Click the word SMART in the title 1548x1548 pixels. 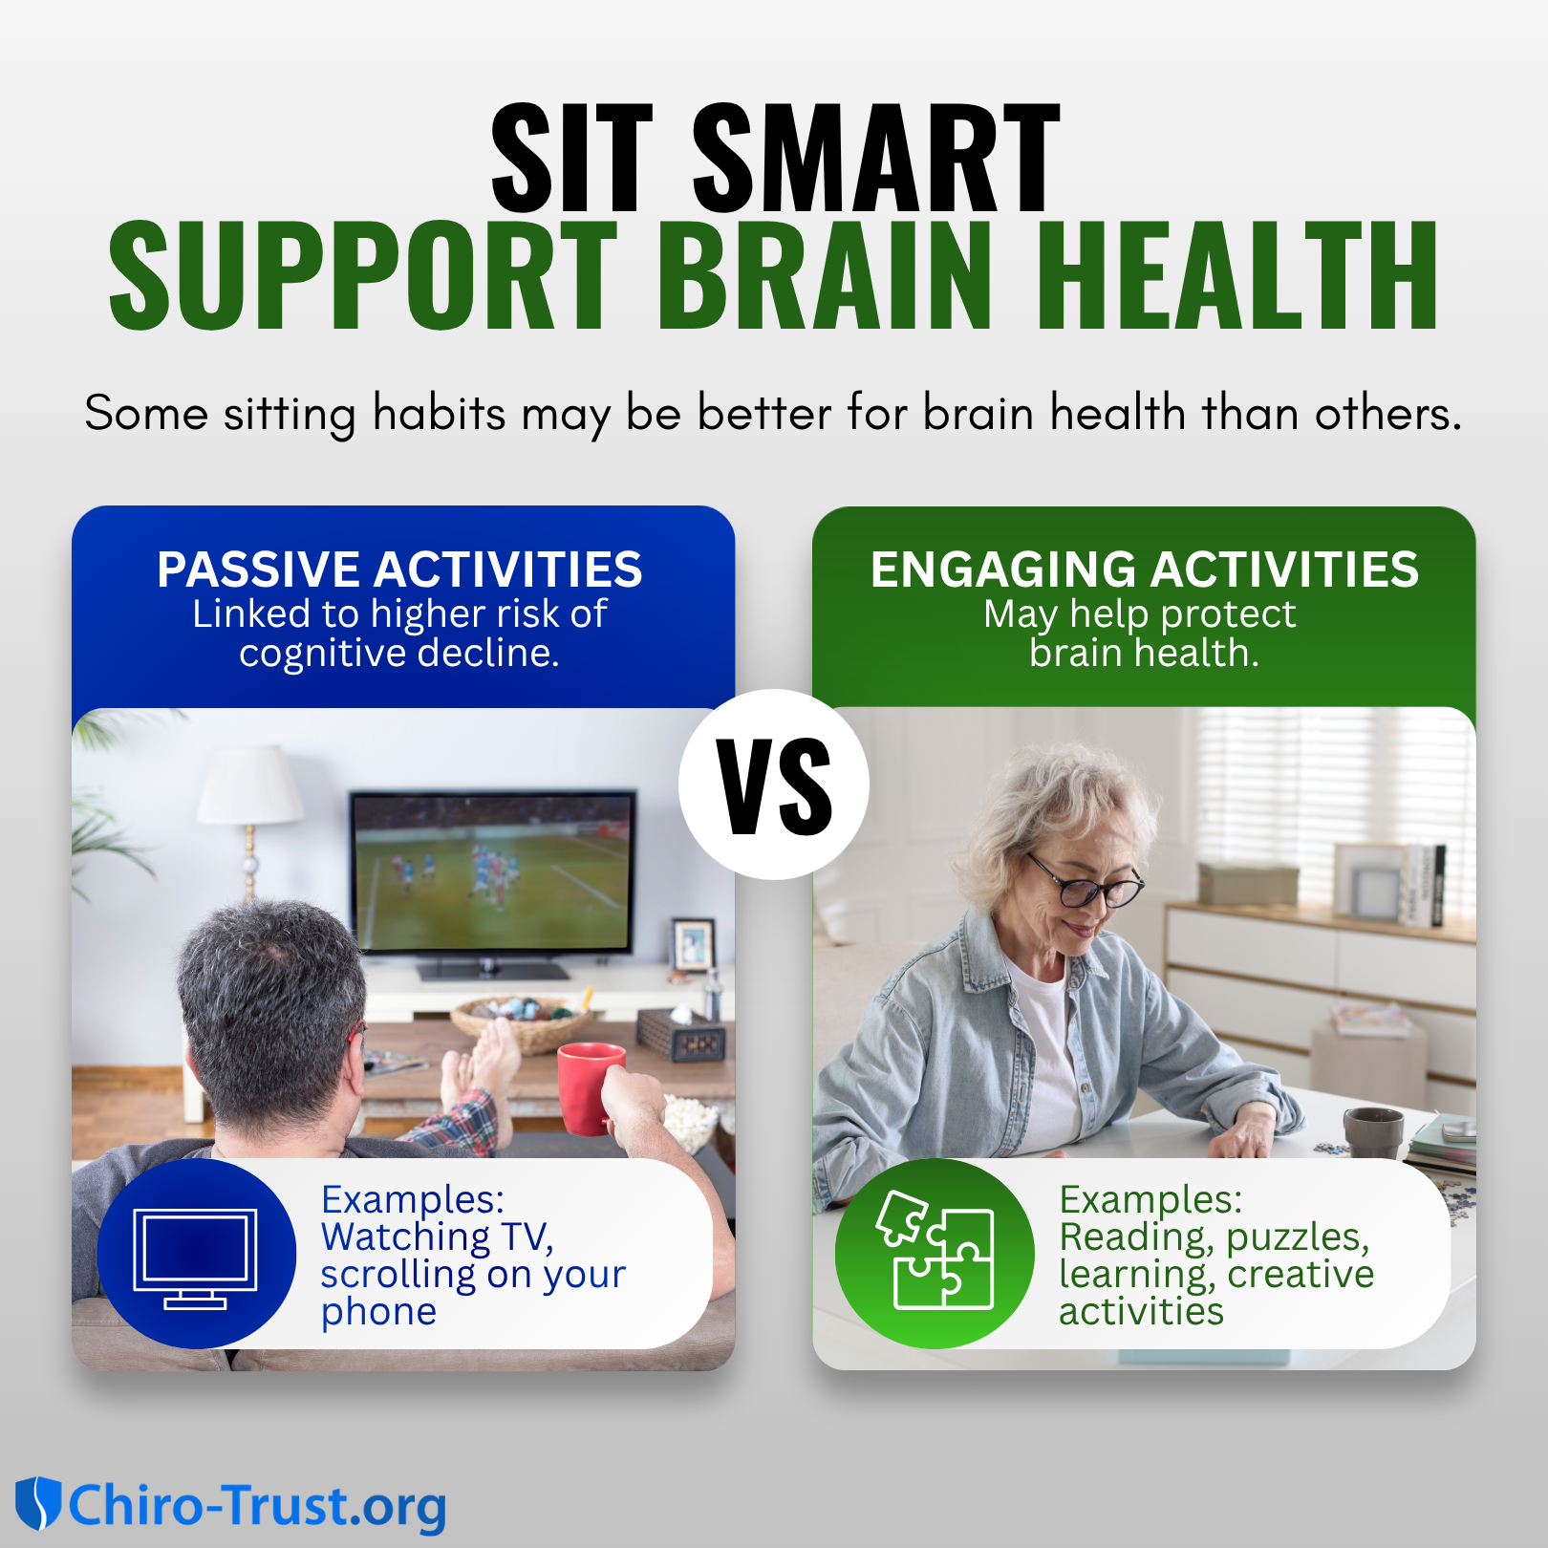[x=876, y=158]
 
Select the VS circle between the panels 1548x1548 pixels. [x=774, y=785]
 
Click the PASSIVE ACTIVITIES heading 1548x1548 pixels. [x=399, y=570]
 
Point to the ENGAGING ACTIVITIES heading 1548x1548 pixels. [x=1145, y=570]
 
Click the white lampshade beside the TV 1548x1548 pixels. [x=250, y=784]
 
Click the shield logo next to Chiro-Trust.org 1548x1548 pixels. [x=38, y=1503]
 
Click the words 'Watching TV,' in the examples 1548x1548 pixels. [x=438, y=1237]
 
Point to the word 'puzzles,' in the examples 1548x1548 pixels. [x=1298, y=1237]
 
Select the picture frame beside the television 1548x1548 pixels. [x=693, y=945]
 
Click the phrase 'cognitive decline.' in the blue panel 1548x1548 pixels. [x=399, y=654]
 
